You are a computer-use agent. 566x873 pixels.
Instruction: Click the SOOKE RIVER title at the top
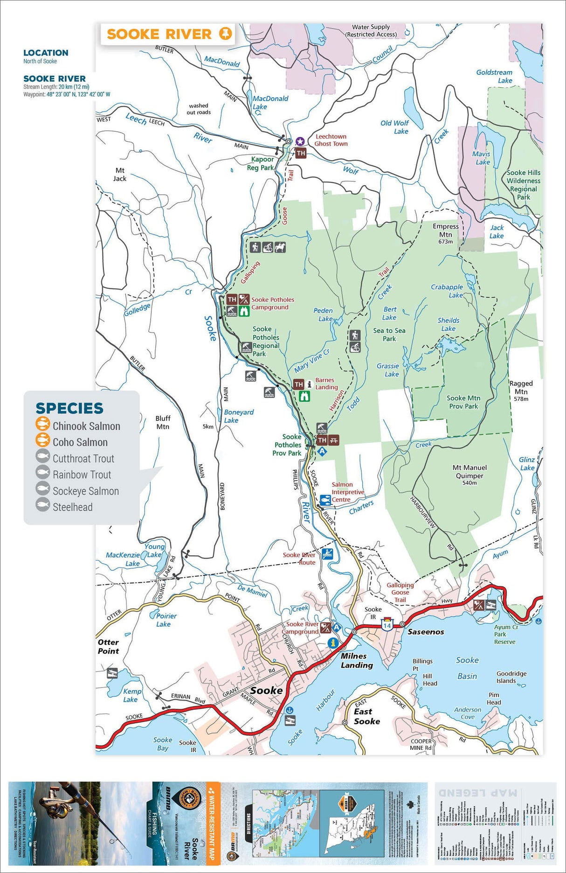(x=159, y=34)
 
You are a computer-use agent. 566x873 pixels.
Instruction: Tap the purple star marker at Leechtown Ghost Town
(x=300, y=141)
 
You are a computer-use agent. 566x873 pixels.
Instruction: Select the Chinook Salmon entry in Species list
(x=86, y=426)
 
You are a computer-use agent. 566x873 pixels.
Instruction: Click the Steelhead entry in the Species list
(x=72, y=507)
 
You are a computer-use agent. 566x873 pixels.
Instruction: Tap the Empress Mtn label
(x=445, y=230)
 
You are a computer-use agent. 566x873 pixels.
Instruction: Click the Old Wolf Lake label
(x=395, y=127)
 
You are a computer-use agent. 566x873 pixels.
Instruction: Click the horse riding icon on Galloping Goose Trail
(x=280, y=247)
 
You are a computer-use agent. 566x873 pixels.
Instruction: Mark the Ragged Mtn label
(x=521, y=388)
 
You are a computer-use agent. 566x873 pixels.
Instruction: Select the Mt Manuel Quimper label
(x=469, y=472)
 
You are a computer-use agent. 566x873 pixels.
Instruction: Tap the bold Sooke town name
(x=266, y=690)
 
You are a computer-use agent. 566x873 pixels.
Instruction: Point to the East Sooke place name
(x=366, y=716)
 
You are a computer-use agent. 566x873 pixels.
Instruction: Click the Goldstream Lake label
(x=495, y=76)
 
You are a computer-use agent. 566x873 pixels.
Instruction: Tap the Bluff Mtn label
(x=163, y=422)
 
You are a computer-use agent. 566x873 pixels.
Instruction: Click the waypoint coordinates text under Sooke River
(x=67, y=94)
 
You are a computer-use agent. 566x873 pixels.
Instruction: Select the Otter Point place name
(x=108, y=646)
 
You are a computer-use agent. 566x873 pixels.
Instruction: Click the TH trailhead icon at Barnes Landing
(x=298, y=384)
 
